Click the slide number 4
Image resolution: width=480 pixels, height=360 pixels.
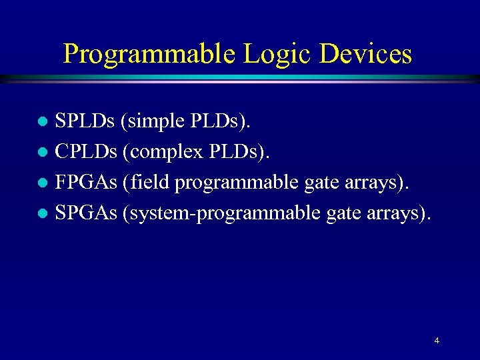pyautogui.click(x=437, y=341)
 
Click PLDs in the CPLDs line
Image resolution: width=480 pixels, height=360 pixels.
pyautogui.click(x=239, y=152)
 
